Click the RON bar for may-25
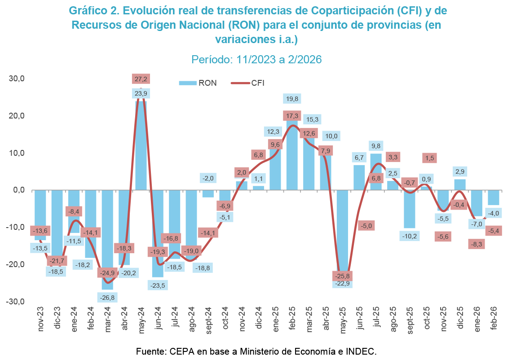point(343,233)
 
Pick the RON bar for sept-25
point(409,209)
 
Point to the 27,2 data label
point(141,79)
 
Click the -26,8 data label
point(107,297)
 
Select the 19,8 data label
point(292,99)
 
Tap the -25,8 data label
point(343,275)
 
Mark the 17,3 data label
point(292,116)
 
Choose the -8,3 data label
point(476,244)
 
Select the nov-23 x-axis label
point(40,320)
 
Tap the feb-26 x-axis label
point(493,320)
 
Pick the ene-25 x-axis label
point(275,320)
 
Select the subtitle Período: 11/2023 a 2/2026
point(256,59)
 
